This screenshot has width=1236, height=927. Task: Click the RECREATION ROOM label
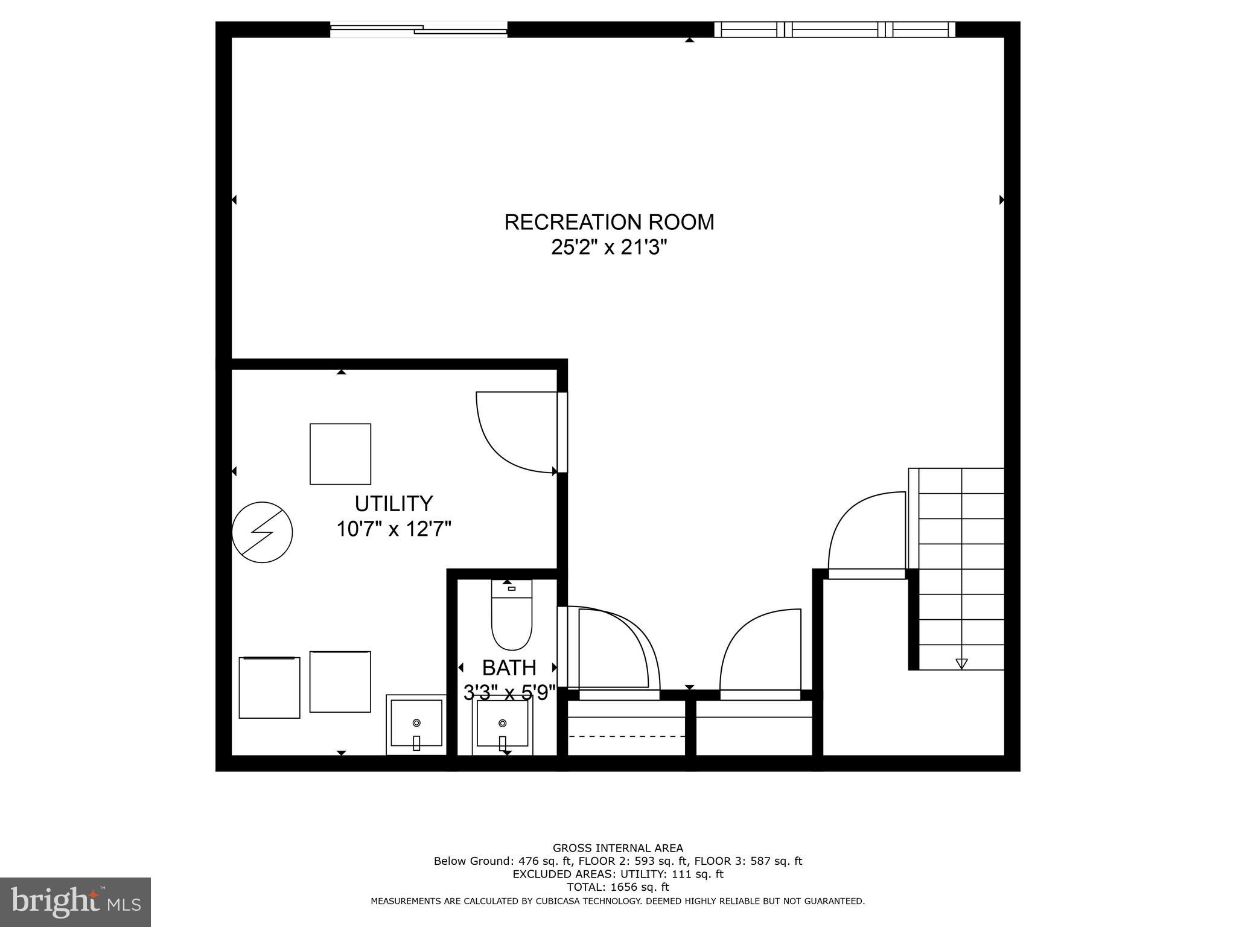click(609, 222)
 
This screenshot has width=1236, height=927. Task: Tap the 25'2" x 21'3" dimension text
click(609, 247)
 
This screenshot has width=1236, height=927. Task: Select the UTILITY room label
click(393, 503)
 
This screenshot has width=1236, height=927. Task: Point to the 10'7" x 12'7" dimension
click(393, 529)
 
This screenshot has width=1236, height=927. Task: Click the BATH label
click(509, 667)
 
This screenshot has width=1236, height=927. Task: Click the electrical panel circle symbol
click(263, 532)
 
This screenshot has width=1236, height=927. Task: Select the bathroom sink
click(502, 724)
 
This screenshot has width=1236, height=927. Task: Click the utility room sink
click(416, 724)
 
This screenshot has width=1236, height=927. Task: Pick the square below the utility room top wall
click(340, 454)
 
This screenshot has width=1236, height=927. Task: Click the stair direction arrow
click(961, 663)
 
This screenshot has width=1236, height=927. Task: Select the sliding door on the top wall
click(418, 29)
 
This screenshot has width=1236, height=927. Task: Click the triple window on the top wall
click(835, 29)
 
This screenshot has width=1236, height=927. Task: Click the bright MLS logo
click(75, 902)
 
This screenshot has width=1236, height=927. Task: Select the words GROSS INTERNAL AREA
click(618, 848)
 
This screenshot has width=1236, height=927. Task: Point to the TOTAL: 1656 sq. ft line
click(618, 887)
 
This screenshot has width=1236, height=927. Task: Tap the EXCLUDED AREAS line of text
click(618, 874)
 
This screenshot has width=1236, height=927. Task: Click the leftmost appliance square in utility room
click(269, 687)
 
